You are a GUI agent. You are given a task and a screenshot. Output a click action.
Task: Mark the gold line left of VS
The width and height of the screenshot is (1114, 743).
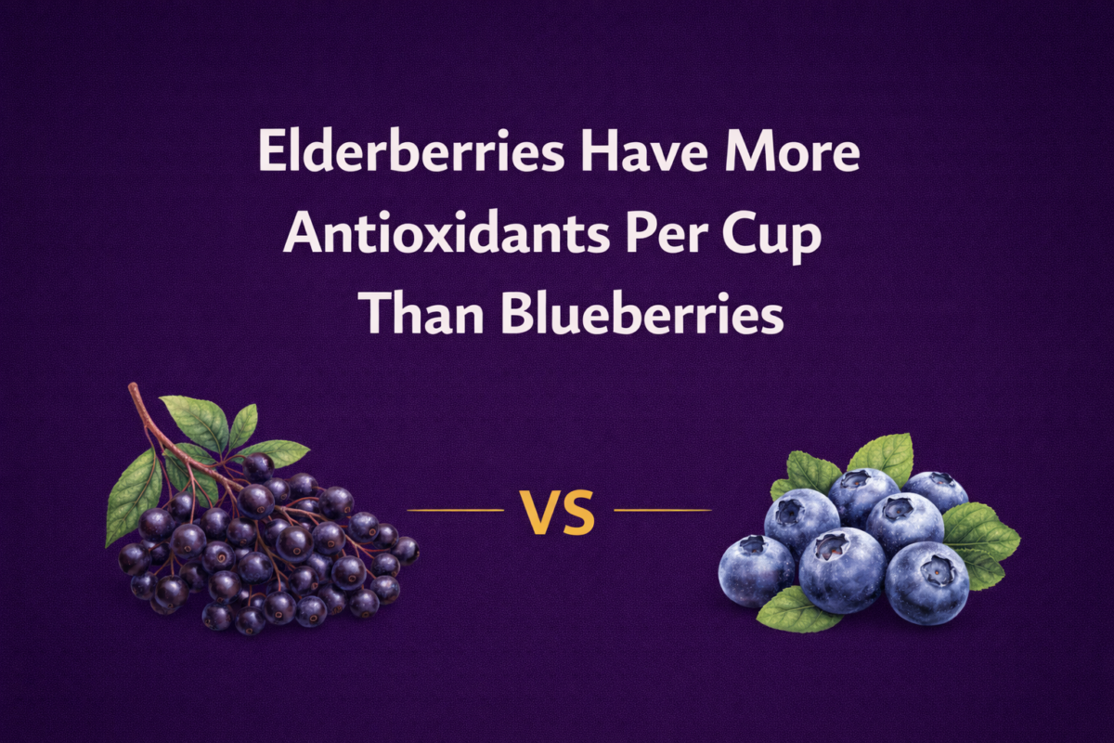click(x=455, y=510)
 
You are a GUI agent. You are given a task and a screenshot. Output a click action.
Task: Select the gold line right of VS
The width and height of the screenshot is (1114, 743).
click(x=663, y=510)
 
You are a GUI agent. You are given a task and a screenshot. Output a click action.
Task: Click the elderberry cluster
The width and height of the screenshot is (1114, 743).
click(x=269, y=548)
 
